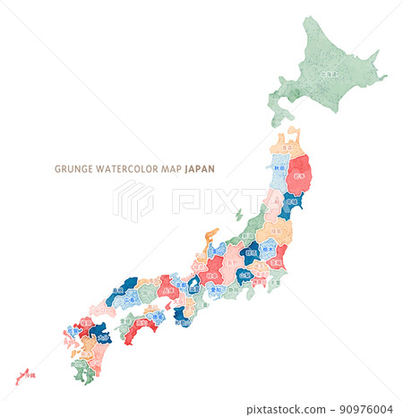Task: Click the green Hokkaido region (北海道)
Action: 330,72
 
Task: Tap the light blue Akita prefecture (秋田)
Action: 280,170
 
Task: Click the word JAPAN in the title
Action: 200,168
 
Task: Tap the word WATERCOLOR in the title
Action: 129,168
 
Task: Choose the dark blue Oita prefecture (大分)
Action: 99,333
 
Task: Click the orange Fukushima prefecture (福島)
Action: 273,232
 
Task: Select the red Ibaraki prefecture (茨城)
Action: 279,257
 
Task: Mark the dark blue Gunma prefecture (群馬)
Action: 250,253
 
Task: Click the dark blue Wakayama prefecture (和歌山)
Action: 182,314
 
